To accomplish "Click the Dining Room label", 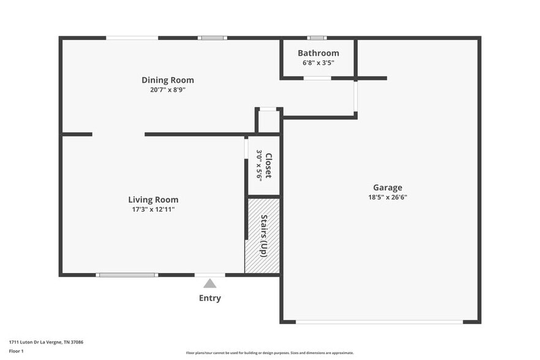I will (x=168, y=80).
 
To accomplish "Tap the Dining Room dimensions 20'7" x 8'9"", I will (x=168, y=90).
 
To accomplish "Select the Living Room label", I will (x=153, y=200).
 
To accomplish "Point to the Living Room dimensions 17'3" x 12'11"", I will (x=153, y=209).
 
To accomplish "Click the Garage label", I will (x=388, y=188).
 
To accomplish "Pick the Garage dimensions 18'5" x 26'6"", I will (x=388, y=197).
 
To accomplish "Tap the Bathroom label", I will (x=318, y=53).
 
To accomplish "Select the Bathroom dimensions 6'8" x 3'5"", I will (x=318, y=62).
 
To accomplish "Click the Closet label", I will (x=268, y=165).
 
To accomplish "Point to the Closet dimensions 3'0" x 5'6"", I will (x=259, y=165).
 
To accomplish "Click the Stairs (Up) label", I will (x=264, y=236).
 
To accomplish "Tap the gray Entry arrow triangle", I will (x=210, y=283).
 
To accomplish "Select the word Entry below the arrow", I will (x=210, y=298).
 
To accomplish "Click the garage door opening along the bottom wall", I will (x=380, y=321).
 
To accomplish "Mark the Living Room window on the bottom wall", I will (x=127, y=275).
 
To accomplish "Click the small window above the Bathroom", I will (x=317, y=38).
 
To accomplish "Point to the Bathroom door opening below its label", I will (x=317, y=78).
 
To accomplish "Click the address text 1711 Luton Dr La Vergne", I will (x=46, y=342).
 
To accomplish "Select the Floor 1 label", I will (x=17, y=351).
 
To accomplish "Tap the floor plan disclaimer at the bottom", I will (x=269, y=353).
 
